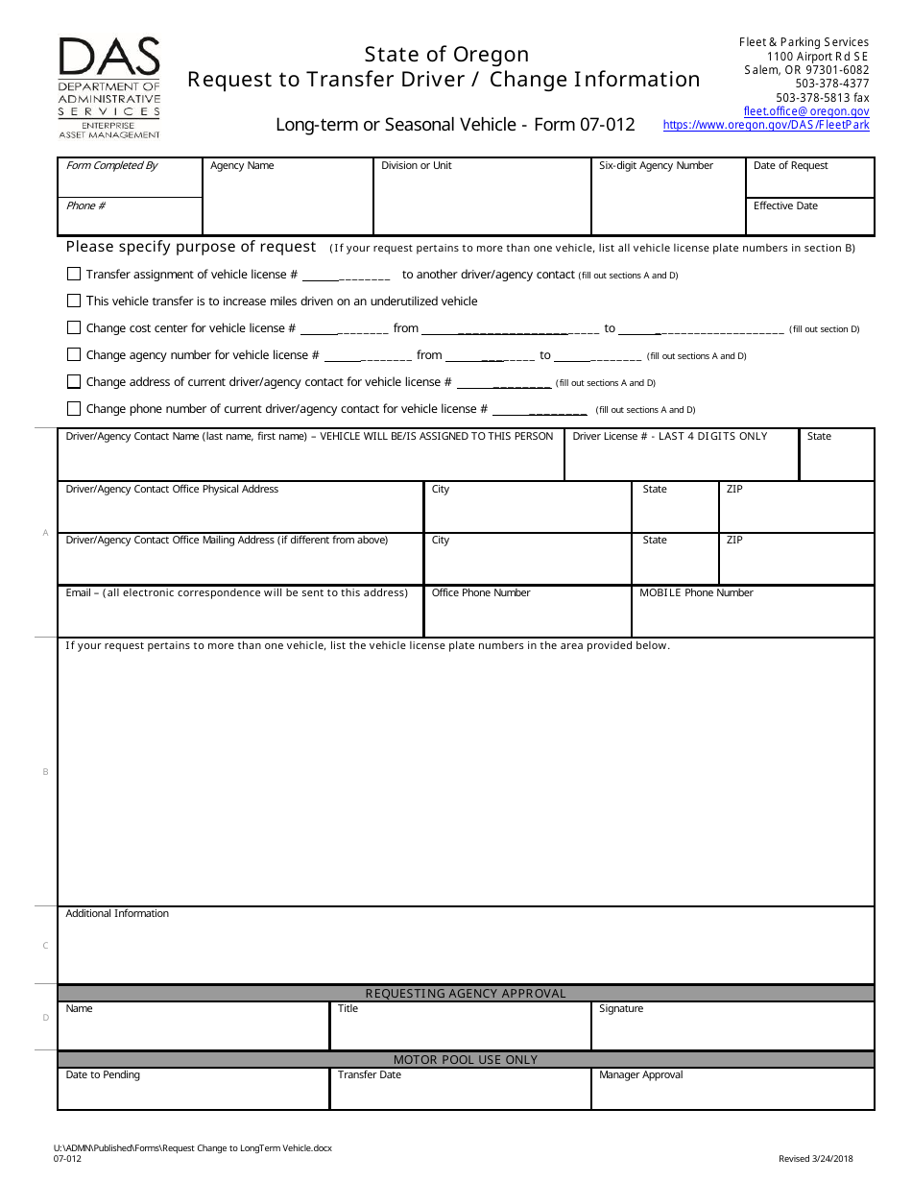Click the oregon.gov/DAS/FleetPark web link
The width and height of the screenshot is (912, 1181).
pyautogui.click(x=766, y=126)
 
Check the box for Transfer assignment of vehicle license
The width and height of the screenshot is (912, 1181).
pyautogui.click(x=74, y=274)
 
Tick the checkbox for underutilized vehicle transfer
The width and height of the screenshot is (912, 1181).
pyautogui.click(x=74, y=301)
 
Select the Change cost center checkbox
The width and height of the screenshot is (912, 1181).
pyautogui.click(x=74, y=327)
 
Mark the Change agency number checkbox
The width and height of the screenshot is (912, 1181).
pyautogui.click(x=74, y=354)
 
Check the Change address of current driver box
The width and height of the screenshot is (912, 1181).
pyautogui.click(x=74, y=381)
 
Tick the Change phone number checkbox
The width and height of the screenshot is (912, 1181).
pyautogui.click(x=74, y=408)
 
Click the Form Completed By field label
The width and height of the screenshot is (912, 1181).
pyautogui.click(x=111, y=166)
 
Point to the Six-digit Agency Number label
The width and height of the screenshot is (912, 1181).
pyautogui.click(x=656, y=166)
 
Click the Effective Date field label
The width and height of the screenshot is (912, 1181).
pyautogui.click(x=785, y=206)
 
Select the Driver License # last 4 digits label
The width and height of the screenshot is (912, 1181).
pyautogui.click(x=669, y=437)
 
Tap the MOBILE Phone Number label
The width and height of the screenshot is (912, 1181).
pyautogui.click(x=696, y=593)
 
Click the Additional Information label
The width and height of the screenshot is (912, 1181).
pyautogui.click(x=117, y=914)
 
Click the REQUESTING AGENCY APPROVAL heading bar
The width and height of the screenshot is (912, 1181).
pyautogui.click(x=466, y=994)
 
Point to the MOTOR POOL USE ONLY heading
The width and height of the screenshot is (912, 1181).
pyautogui.click(x=466, y=1060)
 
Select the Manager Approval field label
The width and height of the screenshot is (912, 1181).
pyautogui.click(x=640, y=1075)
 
